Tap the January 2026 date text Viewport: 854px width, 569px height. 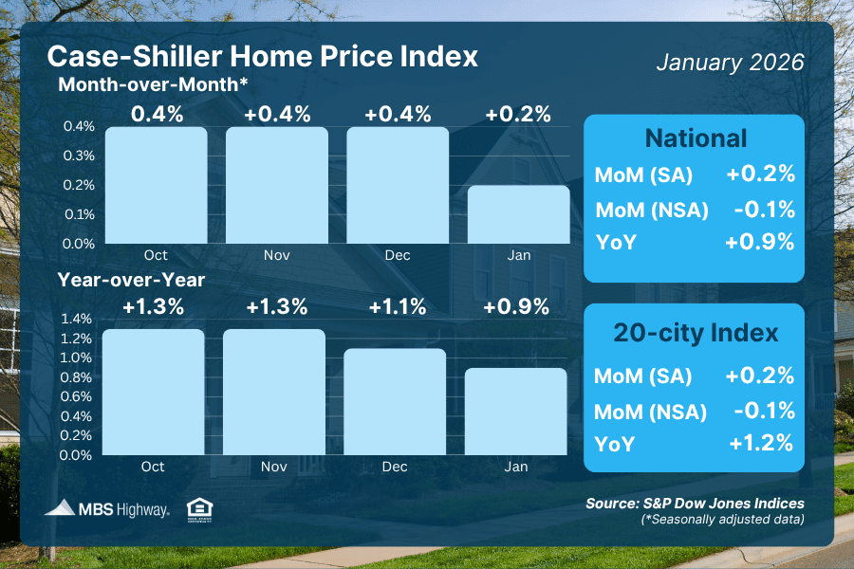(730, 63)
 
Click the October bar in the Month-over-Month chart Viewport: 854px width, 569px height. (156, 185)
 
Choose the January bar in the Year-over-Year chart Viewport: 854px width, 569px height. (516, 411)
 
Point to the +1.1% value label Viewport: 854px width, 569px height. (397, 306)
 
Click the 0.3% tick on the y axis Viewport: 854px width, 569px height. (80, 156)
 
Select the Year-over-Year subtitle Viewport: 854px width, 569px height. (132, 280)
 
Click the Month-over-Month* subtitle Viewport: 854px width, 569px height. (154, 84)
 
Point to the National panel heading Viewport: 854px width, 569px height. (696, 138)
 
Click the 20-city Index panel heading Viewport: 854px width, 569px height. (696, 333)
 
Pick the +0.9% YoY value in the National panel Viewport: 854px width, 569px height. (759, 242)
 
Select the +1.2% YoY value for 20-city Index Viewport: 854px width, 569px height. (759, 441)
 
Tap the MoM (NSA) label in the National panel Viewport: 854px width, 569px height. (651, 211)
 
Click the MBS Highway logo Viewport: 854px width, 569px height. (107, 509)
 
